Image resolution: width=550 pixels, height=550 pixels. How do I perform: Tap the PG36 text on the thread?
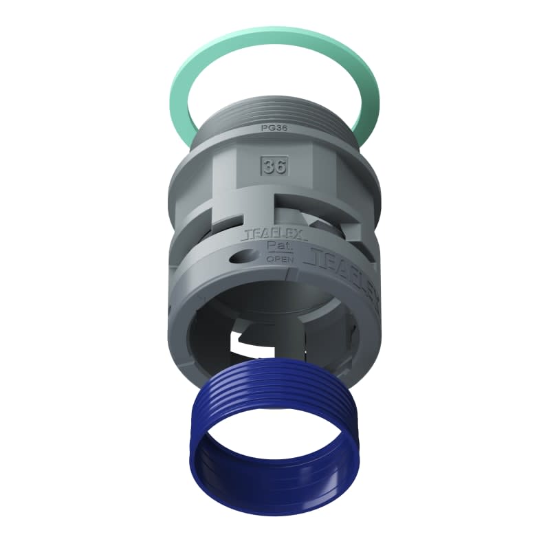tap(274, 128)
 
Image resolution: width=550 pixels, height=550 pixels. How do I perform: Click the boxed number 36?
tap(274, 165)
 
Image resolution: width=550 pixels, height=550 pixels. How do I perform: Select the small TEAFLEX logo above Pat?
tap(265, 234)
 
